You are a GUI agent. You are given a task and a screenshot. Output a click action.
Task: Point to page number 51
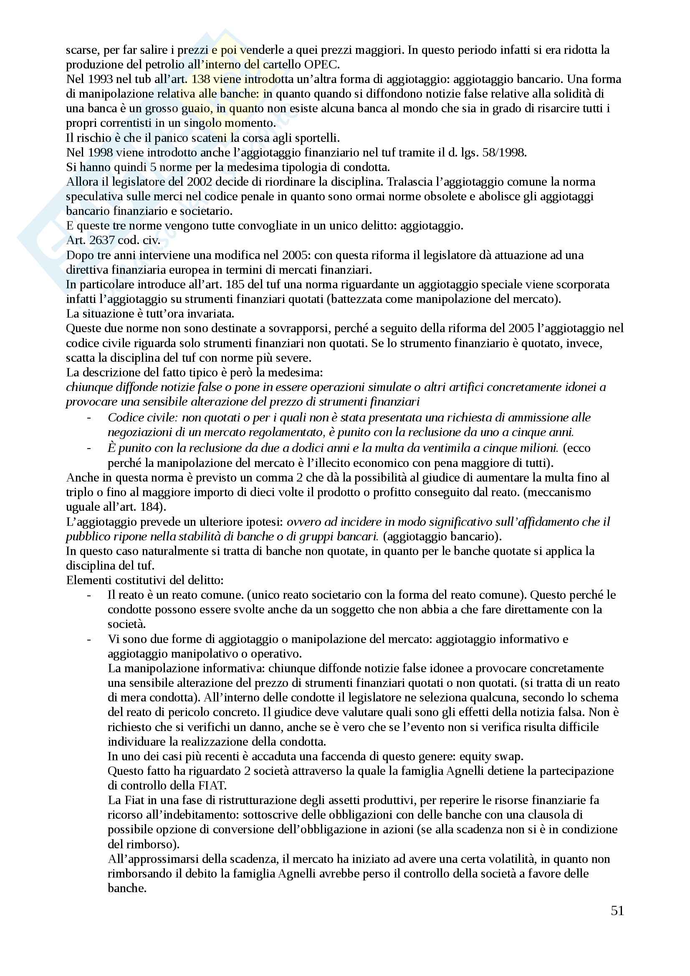point(617,910)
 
